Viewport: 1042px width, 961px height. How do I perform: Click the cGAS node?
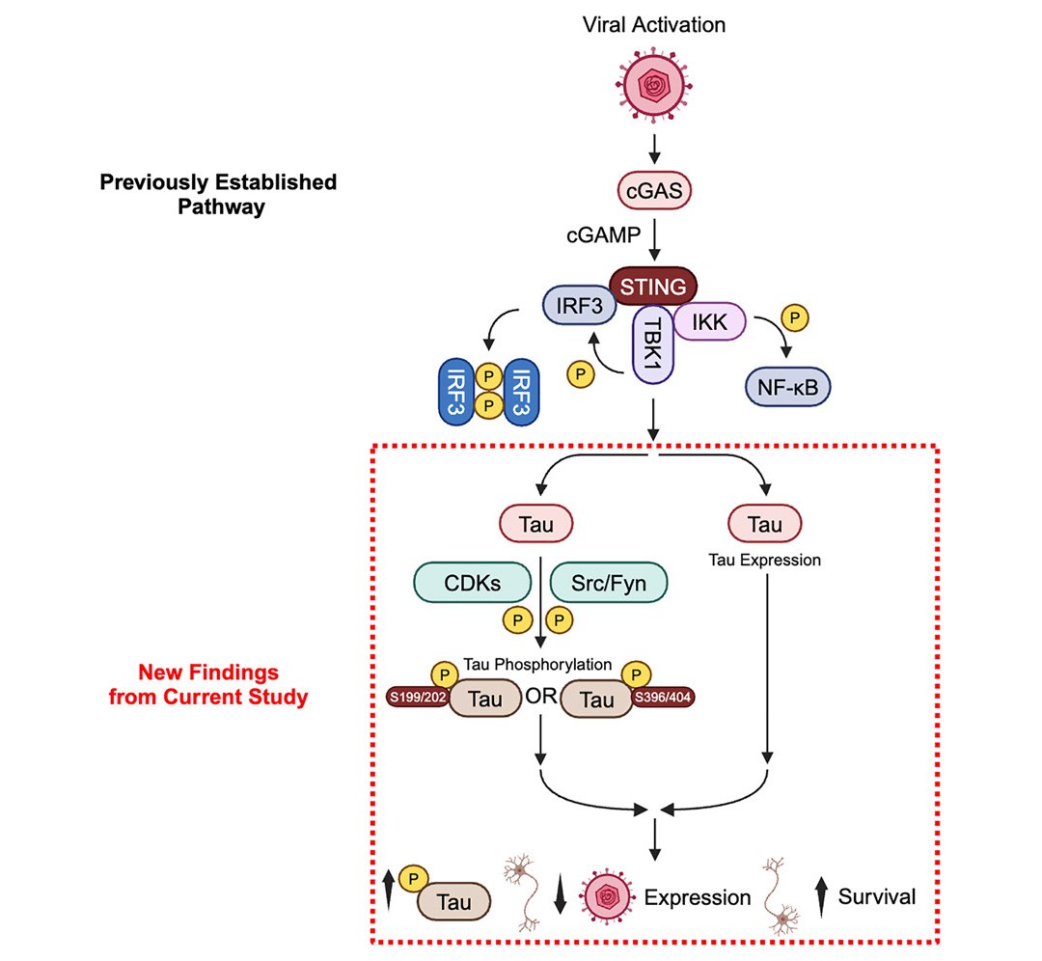coord(655,191)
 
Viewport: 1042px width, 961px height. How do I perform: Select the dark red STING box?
coord(654,287)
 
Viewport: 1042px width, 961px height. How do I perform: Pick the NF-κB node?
coord(788,387)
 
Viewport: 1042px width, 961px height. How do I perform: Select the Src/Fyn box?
coord(609,584)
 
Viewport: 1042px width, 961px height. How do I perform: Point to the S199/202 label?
coord(416,697)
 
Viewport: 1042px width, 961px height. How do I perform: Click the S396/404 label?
coord(663,697)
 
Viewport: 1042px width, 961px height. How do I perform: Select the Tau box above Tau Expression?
coord(766,525)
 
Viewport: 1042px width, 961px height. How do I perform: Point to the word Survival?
coord(876,896)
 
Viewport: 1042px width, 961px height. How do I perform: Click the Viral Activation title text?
coord(654,24)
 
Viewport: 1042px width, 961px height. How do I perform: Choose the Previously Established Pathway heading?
coord(218,193)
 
